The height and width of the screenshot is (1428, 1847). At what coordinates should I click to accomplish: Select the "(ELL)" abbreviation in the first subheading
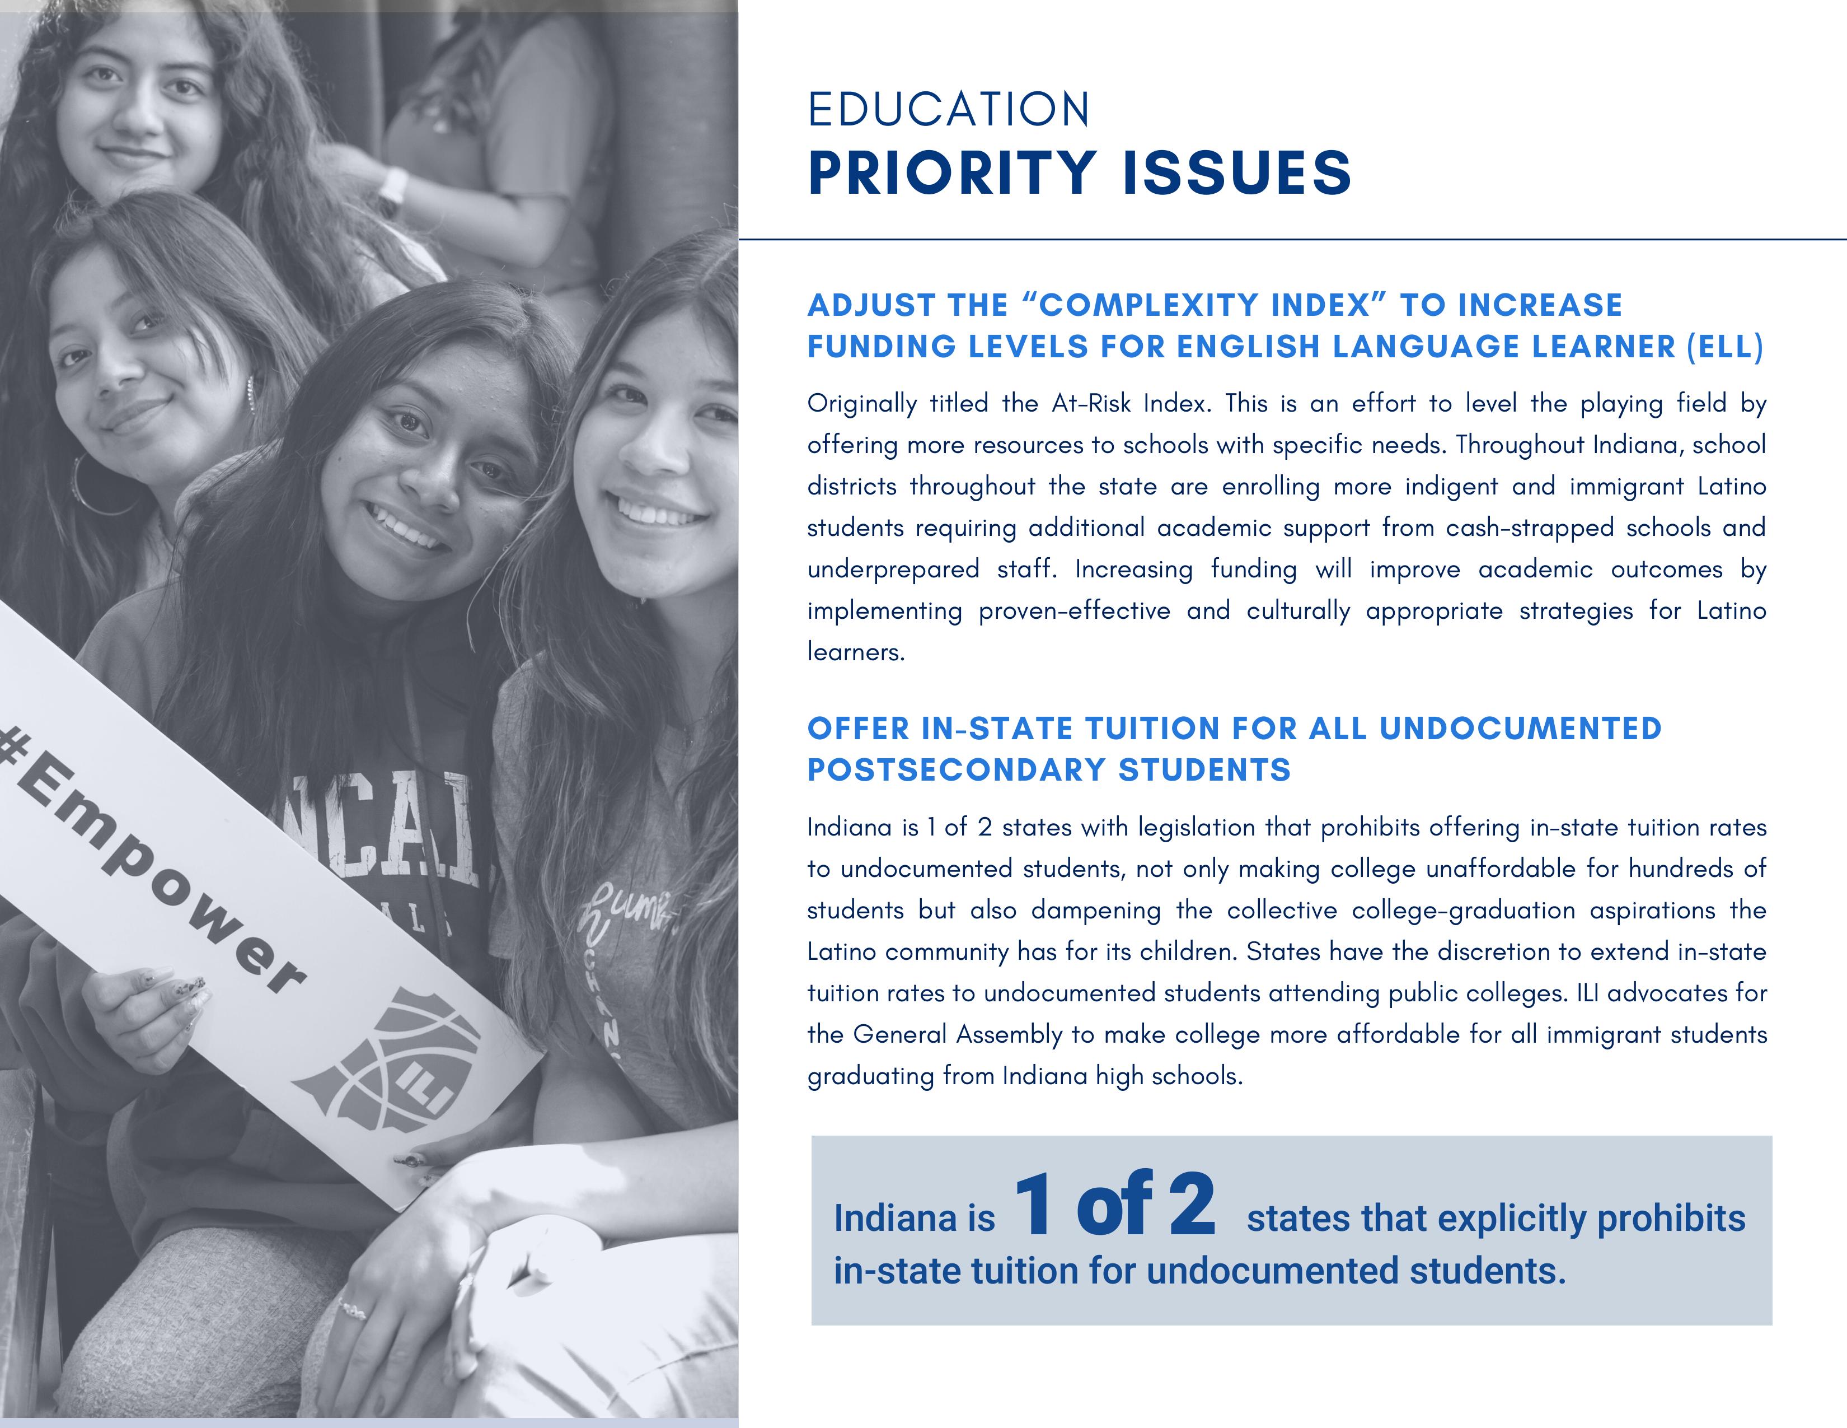1724,347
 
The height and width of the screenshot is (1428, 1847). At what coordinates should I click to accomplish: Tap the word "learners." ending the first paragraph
856,652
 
